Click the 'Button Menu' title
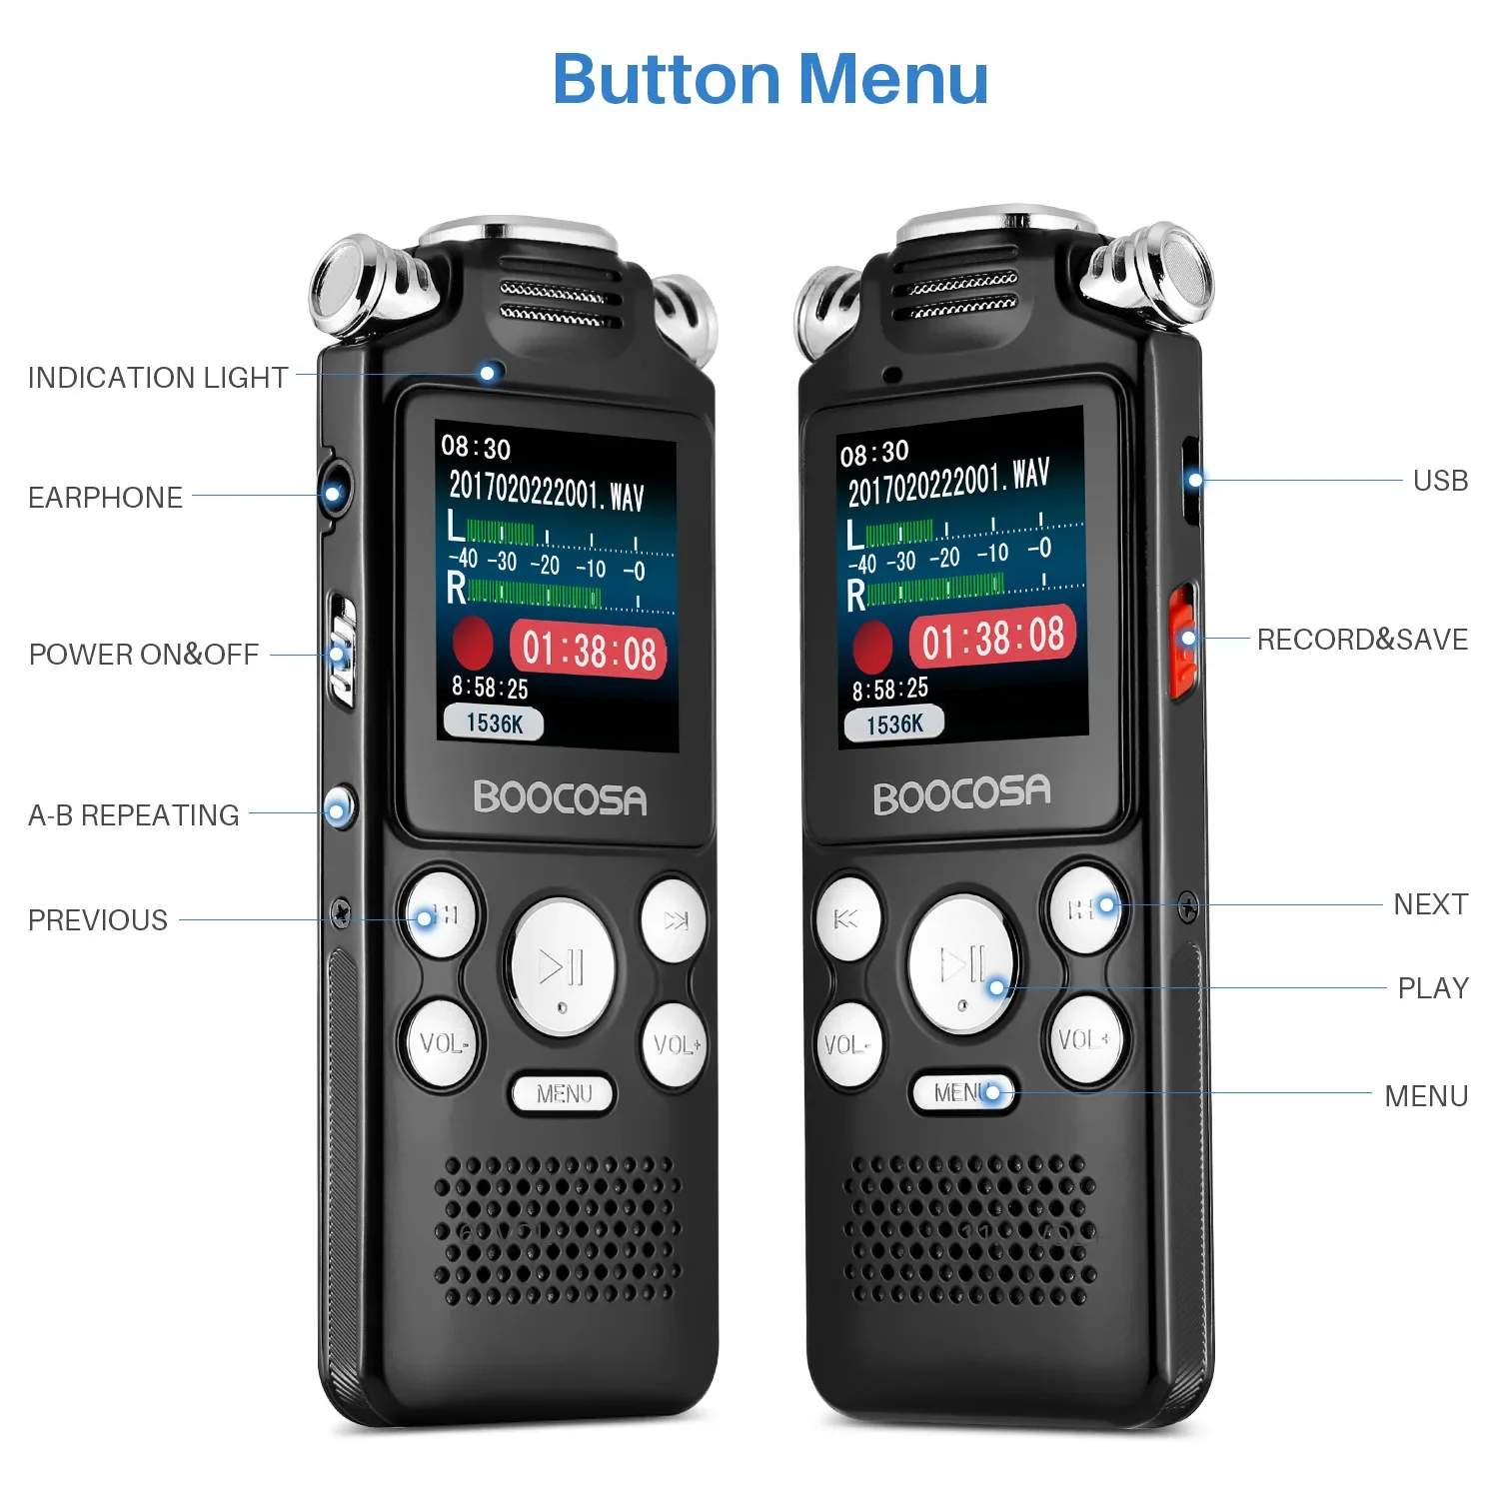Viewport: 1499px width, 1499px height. pyautogui.click(x=770, y=79)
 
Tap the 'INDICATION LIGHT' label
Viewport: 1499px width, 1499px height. pyautogui.click(x=158, y=378)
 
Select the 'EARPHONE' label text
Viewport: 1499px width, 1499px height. pyautogui.click(x=105, y=498)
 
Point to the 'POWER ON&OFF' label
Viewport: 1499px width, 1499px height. pyautogui.click(x=144, y=655)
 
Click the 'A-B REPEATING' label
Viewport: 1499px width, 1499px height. pyautogui.click(x=134, y=815)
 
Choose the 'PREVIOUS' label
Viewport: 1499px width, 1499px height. pyautogui.click(x=98, y=920)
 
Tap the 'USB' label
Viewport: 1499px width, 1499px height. pyautogui.click(x=1440, y=481)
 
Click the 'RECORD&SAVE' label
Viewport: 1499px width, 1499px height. pyautogui.click(x=1362, y=640)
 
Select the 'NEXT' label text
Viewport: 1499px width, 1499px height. pyautogui.click(x=1430, y=904)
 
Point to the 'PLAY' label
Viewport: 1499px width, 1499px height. pyautogui.click(x=1433, y=988)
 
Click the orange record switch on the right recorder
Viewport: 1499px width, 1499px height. pyautogui.click(x=1182, y=641)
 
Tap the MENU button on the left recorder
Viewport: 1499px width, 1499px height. pyautogui.click(x=563, y=1094)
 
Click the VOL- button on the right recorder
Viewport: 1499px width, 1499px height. pyautogui.click(x=848, y=1045)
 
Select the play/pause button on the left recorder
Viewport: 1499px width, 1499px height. pyautogui.click(x=562, y=966)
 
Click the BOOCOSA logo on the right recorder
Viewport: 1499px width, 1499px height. pyautogui.click(x=961, y=794)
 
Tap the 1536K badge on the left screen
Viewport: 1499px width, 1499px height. pyautogui.click(x=493, y=723)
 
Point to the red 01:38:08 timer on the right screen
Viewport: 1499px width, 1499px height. pyautogui.click(x=992, y=637)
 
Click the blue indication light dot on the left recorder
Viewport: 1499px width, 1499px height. pyautogui.click(x=488, y=373)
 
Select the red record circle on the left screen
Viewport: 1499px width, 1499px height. pyautogui.click(x=473, y=643)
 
